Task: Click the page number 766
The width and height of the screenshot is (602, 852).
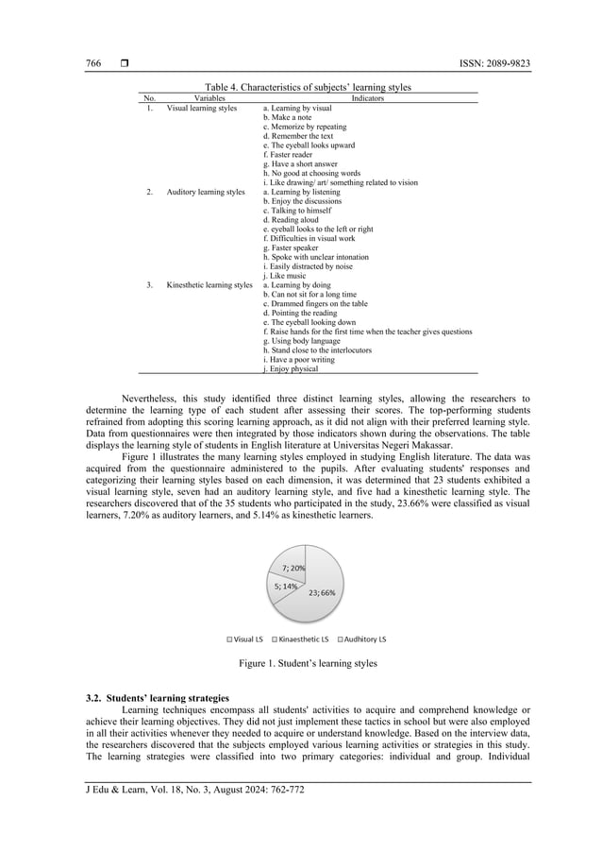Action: click(x=93, y=64)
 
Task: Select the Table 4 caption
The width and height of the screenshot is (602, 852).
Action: click(x=308, y=87)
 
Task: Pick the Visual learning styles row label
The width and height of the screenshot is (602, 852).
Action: click(x=202, y=108)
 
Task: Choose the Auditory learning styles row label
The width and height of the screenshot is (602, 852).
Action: click(x=206, y=192)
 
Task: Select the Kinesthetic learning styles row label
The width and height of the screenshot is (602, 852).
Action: click(x=209, y=284)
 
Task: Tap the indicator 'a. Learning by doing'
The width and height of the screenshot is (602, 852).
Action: click(x=301, y=284)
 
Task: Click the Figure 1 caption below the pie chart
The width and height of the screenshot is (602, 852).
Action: click(x=308, y=664)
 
